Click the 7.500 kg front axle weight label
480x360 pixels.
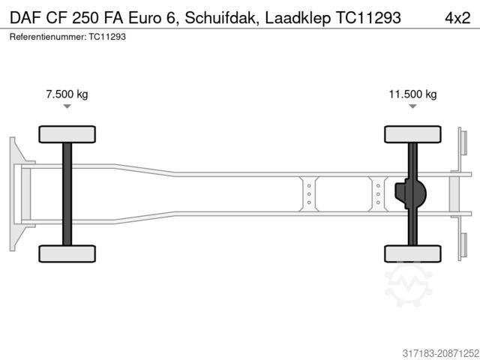[x=67, y=94]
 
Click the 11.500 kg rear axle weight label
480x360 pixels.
[x=412, y=94]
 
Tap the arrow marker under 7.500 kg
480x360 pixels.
[x=67, y=107]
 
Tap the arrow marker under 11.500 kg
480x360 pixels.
[x=412, y=107]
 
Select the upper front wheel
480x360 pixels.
[x=67, y=134]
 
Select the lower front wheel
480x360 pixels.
[x=67, y=253]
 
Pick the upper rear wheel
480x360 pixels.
[x=412, y=134]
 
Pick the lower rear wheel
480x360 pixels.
[x=412, y=253]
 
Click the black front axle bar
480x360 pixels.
[x=67, y=193]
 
